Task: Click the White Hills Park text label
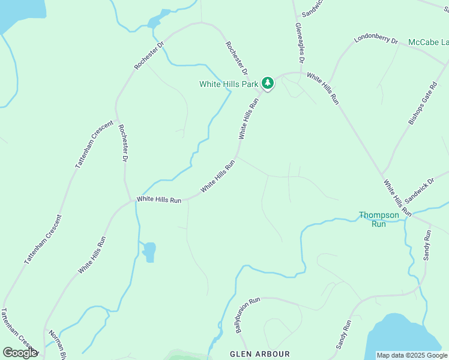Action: pos(229,85)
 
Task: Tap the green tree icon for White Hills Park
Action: pos(268,83)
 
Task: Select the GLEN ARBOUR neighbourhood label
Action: pos(260,354)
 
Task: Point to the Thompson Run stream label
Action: pos(379,219)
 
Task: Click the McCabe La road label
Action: pos(428,42)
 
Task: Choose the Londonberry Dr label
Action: pos(376,39)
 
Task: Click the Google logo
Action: pos(20,353)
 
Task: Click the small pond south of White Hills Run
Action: pos(149,251)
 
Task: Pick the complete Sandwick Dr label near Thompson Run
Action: pos(419,190)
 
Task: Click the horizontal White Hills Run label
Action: pos(159,199)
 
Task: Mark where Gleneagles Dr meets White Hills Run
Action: pos(300,73)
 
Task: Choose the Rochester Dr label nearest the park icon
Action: pos(237,58)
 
